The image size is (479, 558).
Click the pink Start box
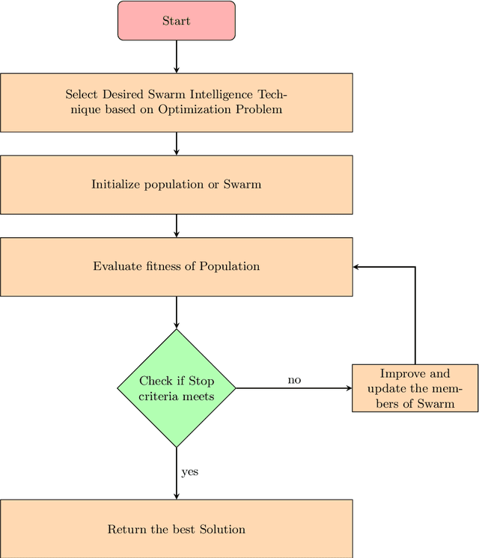pos(176,21)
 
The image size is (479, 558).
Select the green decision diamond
pos(176,388)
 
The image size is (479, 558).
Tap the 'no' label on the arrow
pos(294,380)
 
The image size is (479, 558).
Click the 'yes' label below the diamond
pos(189,473)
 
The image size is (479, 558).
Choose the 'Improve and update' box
pos(415,388)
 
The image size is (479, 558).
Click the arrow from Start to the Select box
pos(176,56)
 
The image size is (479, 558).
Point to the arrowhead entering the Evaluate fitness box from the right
pos(357,266)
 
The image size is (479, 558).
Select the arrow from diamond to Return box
pos(176,473)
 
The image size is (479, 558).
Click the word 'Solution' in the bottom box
pos(222,530)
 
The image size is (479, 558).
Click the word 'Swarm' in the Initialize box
pos(242,184)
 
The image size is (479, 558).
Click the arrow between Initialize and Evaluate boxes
pos(176,225)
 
